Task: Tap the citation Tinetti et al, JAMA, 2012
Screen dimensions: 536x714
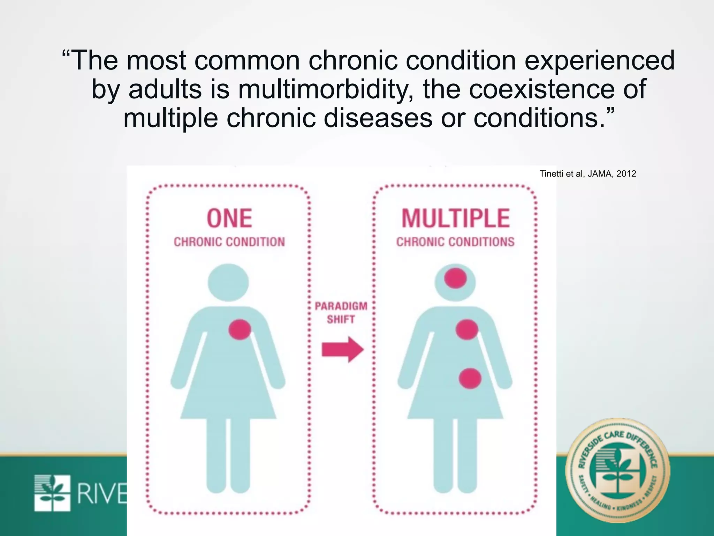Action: (587, 174)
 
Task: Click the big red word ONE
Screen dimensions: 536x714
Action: (229, 218)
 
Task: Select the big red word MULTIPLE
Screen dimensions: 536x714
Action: (456, 218)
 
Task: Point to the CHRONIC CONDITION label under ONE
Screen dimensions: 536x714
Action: (229, 242)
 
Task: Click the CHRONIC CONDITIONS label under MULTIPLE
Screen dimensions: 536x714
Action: (455, 242)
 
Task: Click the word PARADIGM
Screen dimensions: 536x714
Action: (341, 306)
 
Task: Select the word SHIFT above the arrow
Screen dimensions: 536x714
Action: (341, 319)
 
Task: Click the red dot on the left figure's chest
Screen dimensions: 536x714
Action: (240, 329)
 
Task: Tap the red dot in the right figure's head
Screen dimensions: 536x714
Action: (455, 278)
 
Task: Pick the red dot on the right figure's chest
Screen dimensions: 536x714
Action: (467, 329)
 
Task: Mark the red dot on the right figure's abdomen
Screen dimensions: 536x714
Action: (470, 379)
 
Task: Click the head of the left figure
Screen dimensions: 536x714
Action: (228, 282)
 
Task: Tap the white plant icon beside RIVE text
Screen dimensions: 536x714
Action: (52, 493)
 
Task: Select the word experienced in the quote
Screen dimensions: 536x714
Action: (600, 60)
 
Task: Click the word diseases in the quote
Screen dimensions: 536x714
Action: (378, 118)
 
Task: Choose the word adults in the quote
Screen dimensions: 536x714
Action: (165, 89)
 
